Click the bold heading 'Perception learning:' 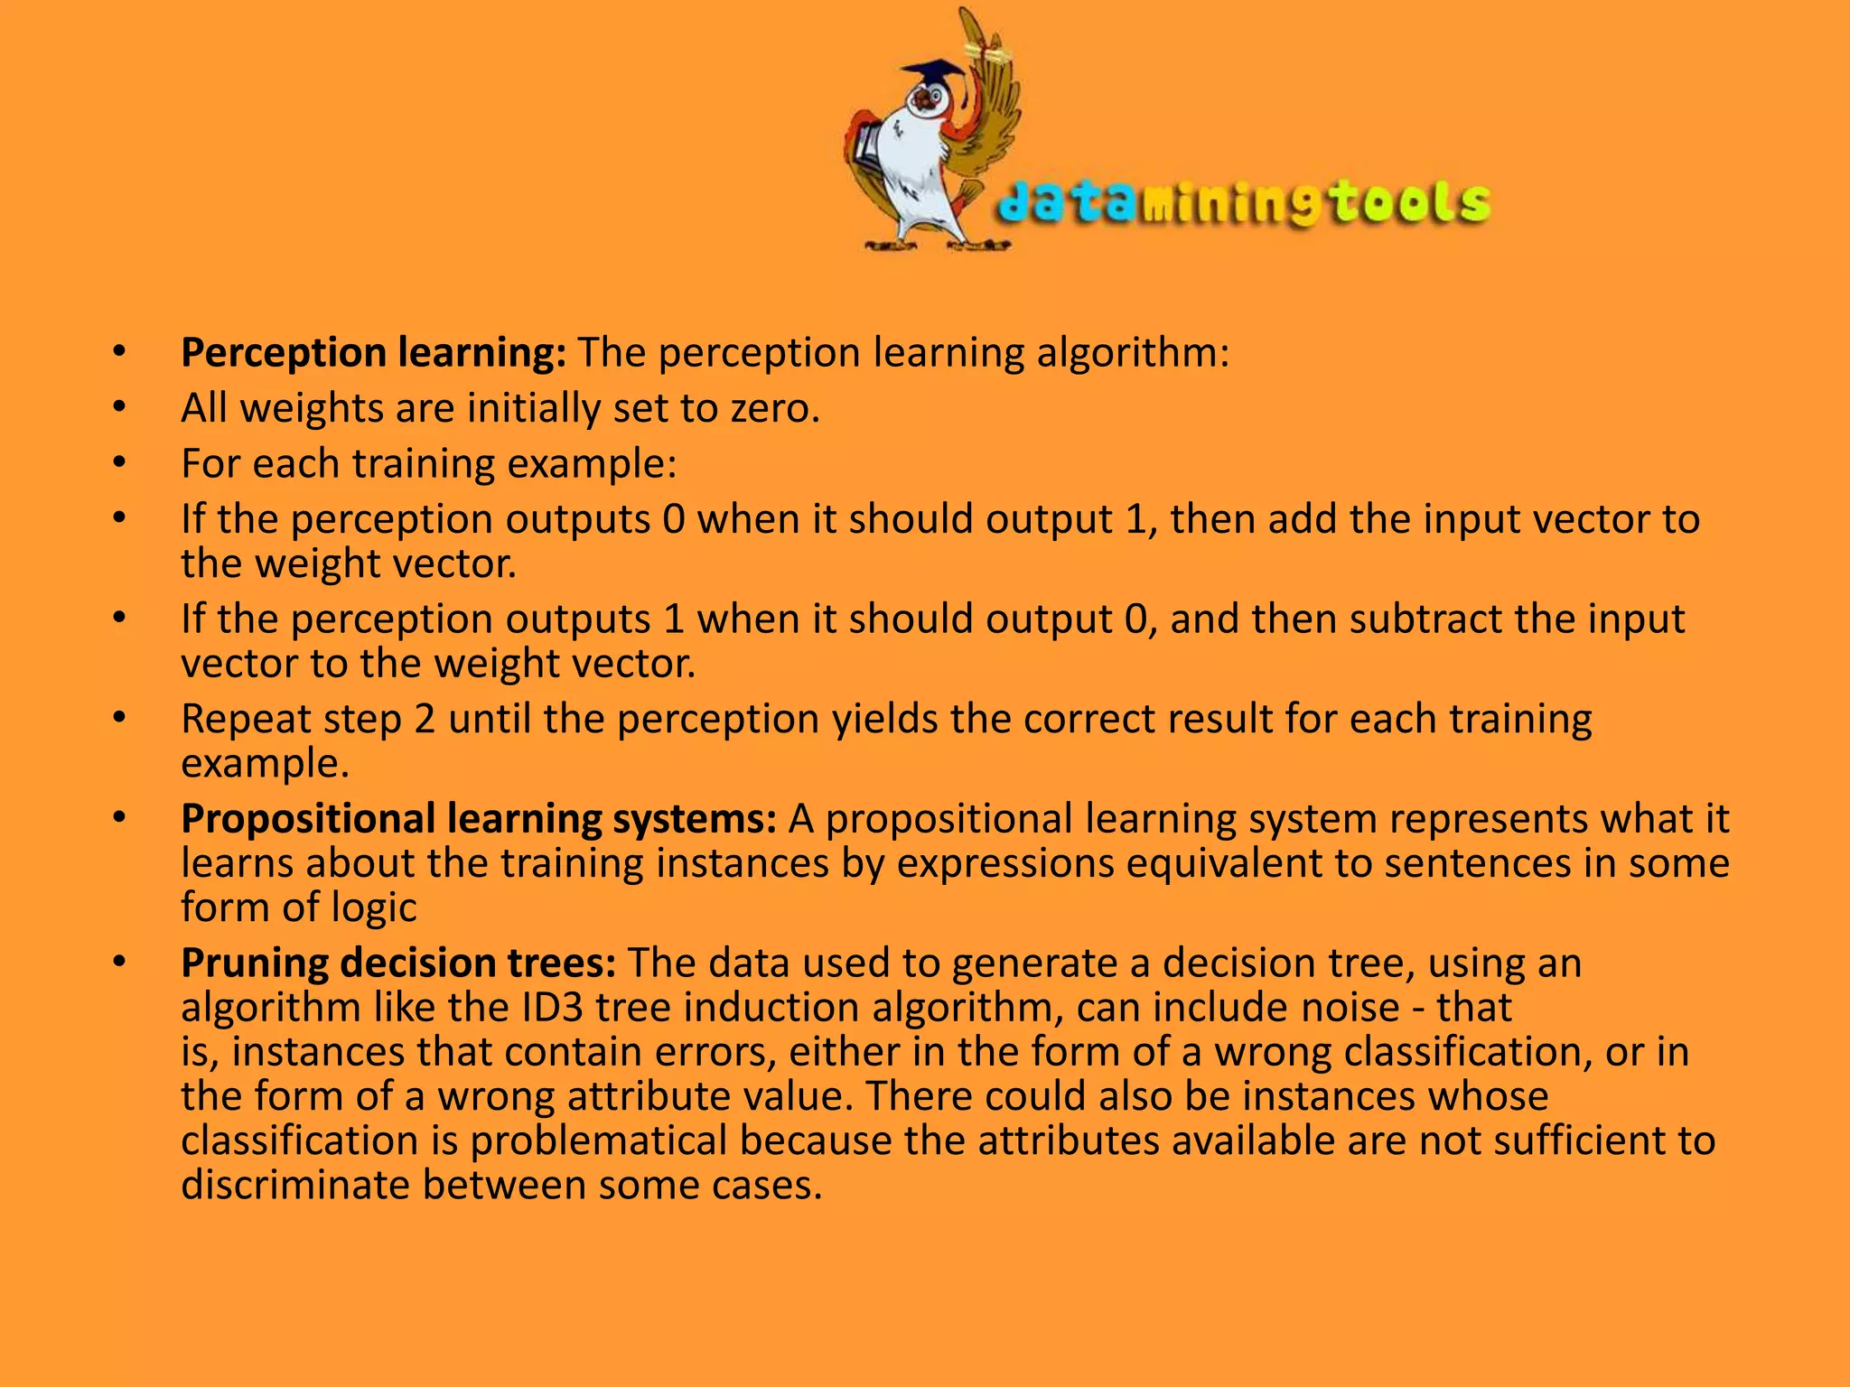373,352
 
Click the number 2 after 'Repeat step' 425,720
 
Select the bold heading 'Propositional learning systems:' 479,819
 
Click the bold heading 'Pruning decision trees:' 398,963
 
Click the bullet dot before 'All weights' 120,408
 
